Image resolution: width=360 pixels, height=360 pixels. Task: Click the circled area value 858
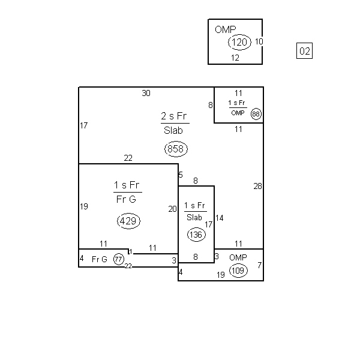tap(176, 149)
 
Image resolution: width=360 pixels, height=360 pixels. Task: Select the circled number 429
tap(128, 221)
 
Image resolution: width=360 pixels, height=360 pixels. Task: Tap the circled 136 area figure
tap(196, 235)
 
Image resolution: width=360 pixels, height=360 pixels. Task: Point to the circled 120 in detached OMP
tap(239, 42)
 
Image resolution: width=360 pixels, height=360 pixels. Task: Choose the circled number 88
tap(256, 114)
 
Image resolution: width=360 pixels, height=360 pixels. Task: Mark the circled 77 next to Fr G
tap(118, 259)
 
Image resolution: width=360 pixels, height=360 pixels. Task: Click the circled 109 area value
tap(238, 271)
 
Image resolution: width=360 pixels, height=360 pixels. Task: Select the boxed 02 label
tap(304, 51)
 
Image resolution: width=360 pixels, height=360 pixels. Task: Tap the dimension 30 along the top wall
tap(146, 93)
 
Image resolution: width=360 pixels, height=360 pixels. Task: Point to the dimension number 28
tap(257, 186)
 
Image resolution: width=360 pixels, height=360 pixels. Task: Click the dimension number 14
tap(219, 218)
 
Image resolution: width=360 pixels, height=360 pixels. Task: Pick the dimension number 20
tap(172, 209)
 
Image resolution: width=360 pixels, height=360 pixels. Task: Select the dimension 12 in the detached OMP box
tap(235, 58)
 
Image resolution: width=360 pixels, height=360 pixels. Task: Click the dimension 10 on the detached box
tap(259, 41)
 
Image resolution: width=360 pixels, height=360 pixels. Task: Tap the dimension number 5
tap(181, 175)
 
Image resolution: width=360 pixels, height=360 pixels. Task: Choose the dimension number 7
tap(259, 265)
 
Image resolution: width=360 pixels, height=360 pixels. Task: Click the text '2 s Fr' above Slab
tap(174, 116)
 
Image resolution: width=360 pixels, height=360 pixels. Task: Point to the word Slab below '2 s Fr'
tap(173, 130)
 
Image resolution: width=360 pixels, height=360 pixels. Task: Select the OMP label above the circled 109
tap(238, 257)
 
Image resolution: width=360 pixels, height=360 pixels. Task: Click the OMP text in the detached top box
tap(225, 29)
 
